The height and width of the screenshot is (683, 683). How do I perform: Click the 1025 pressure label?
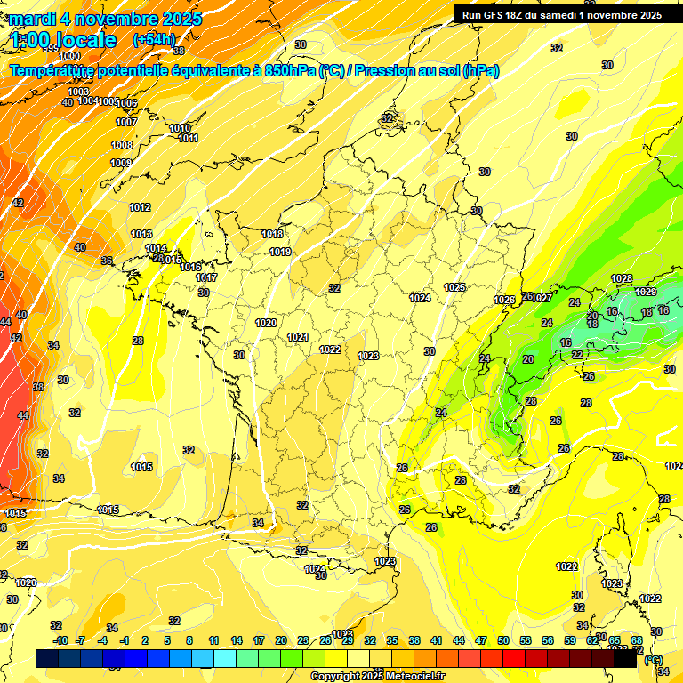click(455, 287)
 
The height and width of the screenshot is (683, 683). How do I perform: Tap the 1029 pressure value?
click(646, 292)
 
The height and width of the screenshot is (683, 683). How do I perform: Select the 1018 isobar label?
click(272, 235)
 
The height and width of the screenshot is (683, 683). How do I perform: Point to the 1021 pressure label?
click(298, 337)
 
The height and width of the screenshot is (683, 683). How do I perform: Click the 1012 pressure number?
click(140, 207)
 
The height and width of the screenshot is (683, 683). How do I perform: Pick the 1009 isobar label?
click(121, 163)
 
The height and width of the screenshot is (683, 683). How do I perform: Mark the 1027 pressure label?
click(542, 298)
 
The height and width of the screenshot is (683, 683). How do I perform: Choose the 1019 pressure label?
click(280, 253)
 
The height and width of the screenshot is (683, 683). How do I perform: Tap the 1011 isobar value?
click(188, 138)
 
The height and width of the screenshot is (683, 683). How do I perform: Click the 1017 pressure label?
click(206, 277)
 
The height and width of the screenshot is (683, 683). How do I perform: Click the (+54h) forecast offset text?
click(154, 39)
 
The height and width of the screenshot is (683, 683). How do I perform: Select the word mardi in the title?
click(30, 18)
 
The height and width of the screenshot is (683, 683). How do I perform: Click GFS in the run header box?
click(496, 15)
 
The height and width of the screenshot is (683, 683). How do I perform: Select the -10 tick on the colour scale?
click(60, 640)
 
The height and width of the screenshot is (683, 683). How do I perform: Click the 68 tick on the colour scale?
click(637, 640)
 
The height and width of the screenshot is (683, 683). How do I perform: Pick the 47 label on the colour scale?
click(481, 640)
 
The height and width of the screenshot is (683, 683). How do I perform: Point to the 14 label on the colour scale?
click(237, 640)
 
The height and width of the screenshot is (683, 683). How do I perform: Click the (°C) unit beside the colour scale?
click(654, 660)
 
